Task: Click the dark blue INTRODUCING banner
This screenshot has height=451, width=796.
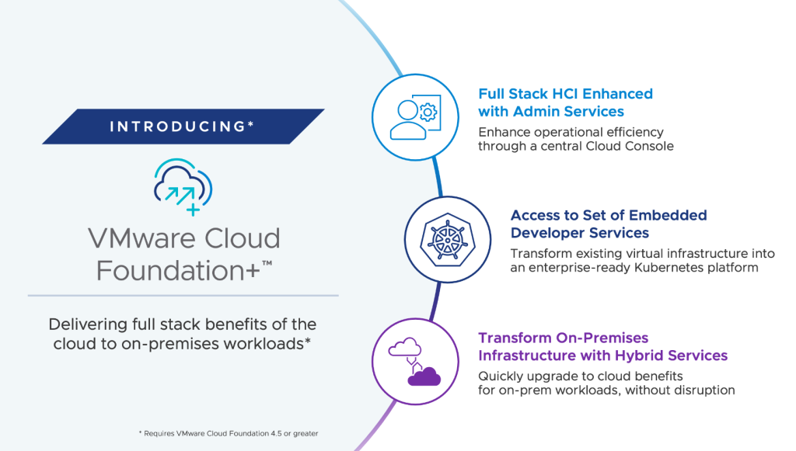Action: coord(183,127)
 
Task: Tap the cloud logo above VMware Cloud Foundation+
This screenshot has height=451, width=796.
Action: coord(183,187)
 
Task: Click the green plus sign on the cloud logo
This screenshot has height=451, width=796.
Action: coord(193,209)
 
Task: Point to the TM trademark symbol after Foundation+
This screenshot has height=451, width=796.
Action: coord(267,263)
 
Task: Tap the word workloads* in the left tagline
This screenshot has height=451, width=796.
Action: coord(267,344)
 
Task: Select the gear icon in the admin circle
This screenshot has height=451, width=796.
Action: coord(428,112)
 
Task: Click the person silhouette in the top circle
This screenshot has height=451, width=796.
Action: coord(407,120)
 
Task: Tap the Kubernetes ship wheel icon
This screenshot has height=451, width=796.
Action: coord(448,239)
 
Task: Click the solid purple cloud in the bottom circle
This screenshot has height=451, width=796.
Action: coord(424,376)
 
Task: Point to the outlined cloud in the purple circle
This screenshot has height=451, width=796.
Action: coord(404,348)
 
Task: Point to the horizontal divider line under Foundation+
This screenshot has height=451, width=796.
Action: coord(183,296)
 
